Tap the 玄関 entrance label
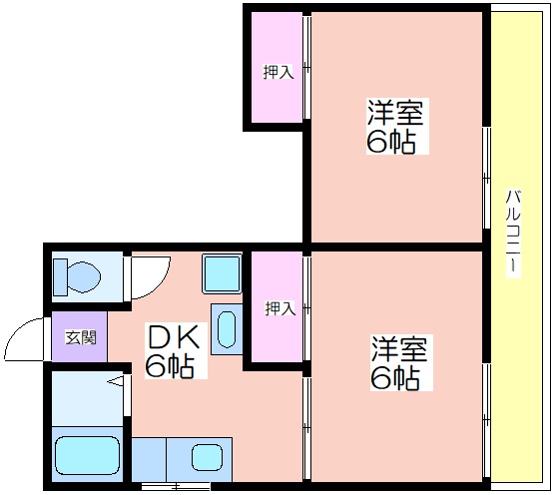pos(81,337)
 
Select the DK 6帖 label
pos(174,351)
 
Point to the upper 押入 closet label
pos(278,72)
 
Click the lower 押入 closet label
pos(280,308)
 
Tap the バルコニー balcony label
pos(513,233)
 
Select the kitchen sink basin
pos(208,457)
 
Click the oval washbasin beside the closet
pos(227,329)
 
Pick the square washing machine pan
pos(222,273)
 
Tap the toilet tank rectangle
pos(60,276)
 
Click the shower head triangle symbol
pos(116,381)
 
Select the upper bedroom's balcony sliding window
pos(487,178)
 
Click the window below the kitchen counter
pos(176,485)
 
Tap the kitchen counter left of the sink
pos(150,459)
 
